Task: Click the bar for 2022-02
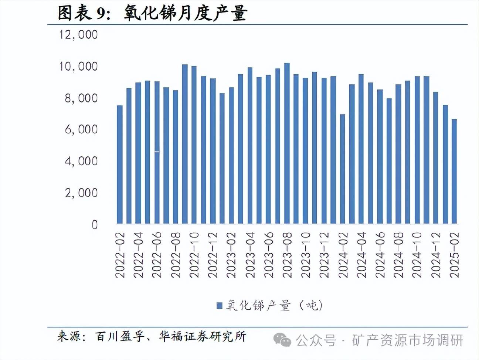point(119,164)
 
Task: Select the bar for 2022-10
point(194,145)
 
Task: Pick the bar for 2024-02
point(342,169)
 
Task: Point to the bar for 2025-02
point(454,171)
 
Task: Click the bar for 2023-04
point(249,146)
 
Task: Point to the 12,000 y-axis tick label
point(78,35)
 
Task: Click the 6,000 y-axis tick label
point(81,129)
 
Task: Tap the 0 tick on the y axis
point(95,224)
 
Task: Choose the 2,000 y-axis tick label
point(81,193)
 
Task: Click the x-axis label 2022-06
point(157,255)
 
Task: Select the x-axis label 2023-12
point(324,255)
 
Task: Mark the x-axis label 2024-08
point(398,255)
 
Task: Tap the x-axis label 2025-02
point(454,255)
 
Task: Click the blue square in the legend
point(219,305)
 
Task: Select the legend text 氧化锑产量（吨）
point(274,305)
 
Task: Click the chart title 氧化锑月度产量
point(185,13)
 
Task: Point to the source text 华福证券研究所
point(203,336)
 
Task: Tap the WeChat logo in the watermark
point(282,339)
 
